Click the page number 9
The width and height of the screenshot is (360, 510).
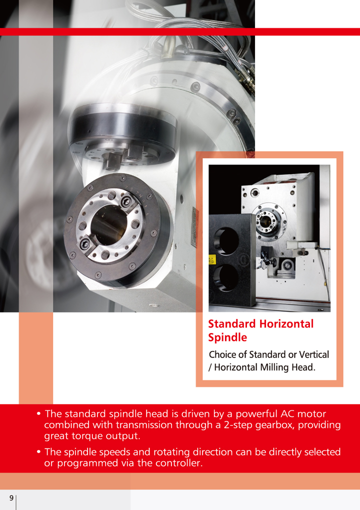click(x=11, y=498)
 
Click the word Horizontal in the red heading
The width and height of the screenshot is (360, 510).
click(x=286, y=323)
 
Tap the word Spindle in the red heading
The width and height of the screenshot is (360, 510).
click(x=227, y=337)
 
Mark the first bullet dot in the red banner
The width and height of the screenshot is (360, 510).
click(x=38, y=413)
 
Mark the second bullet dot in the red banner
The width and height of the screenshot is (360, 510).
click(x=38, y=452)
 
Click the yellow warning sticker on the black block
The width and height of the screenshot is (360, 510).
click(x=212, y=260)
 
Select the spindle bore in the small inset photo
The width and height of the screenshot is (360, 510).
click(x=265, y=221)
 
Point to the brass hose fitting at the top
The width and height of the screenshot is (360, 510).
click(x=169, y=47)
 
